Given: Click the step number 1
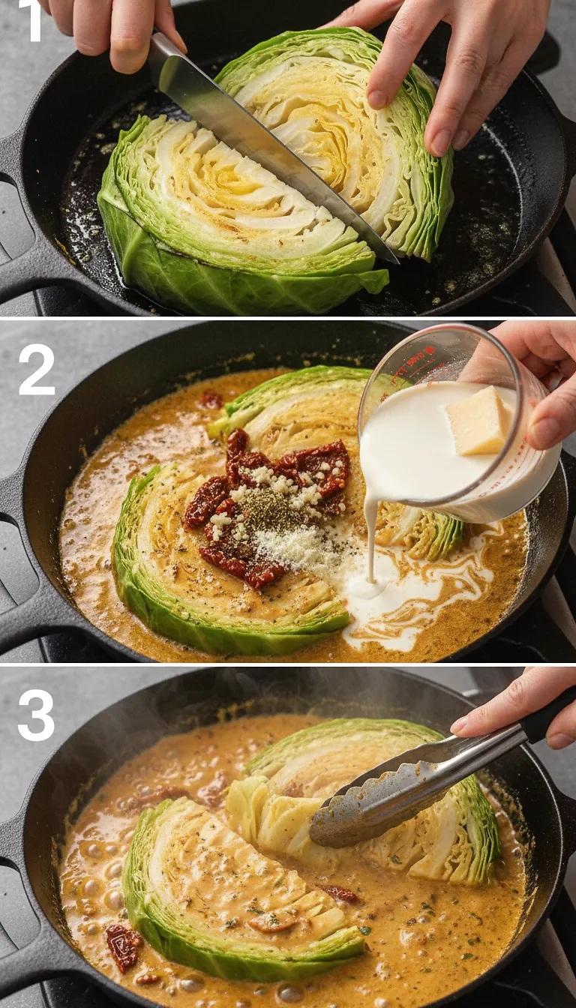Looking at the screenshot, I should point(30,21).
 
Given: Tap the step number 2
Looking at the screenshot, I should point(36,370).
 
